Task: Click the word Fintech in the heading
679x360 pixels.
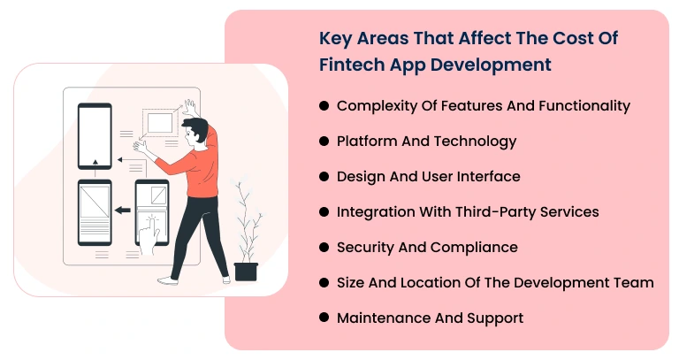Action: pyautogui.click(x=350, y=65)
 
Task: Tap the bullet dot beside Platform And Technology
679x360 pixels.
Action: pyautogui.click(x=324, y=142)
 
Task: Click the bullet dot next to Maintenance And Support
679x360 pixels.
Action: pyautogui.click(x=324, y=318)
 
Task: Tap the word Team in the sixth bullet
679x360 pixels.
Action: pyautogui.click(x=634, y=283)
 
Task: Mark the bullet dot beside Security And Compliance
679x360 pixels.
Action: pyautogui.click(x=324, y=248)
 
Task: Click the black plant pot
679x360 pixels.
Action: pyautogui.click(x=246, y=272)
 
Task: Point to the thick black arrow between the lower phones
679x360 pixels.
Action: pyautogui.click(x=124, y=211)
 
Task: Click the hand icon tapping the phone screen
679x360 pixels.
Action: pyautogui.click(x=154, y=228)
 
